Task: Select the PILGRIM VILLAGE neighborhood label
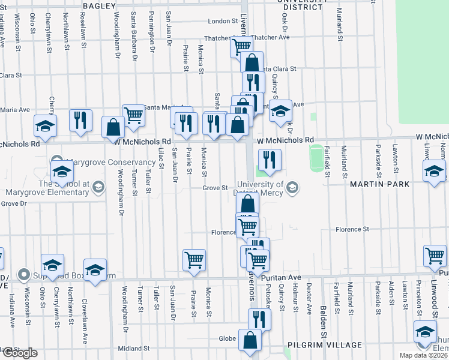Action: point(326,345)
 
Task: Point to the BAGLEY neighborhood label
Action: point(99,5)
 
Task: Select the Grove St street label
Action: point(214,188)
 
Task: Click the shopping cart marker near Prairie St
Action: point(194,260)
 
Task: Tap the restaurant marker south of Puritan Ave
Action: point(259,317)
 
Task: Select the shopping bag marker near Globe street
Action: point(250,340)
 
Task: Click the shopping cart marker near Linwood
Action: point(435,256)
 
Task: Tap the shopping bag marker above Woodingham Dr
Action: point(113,127)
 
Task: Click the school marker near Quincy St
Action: point(280,111)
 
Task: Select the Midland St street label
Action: point(133,349)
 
